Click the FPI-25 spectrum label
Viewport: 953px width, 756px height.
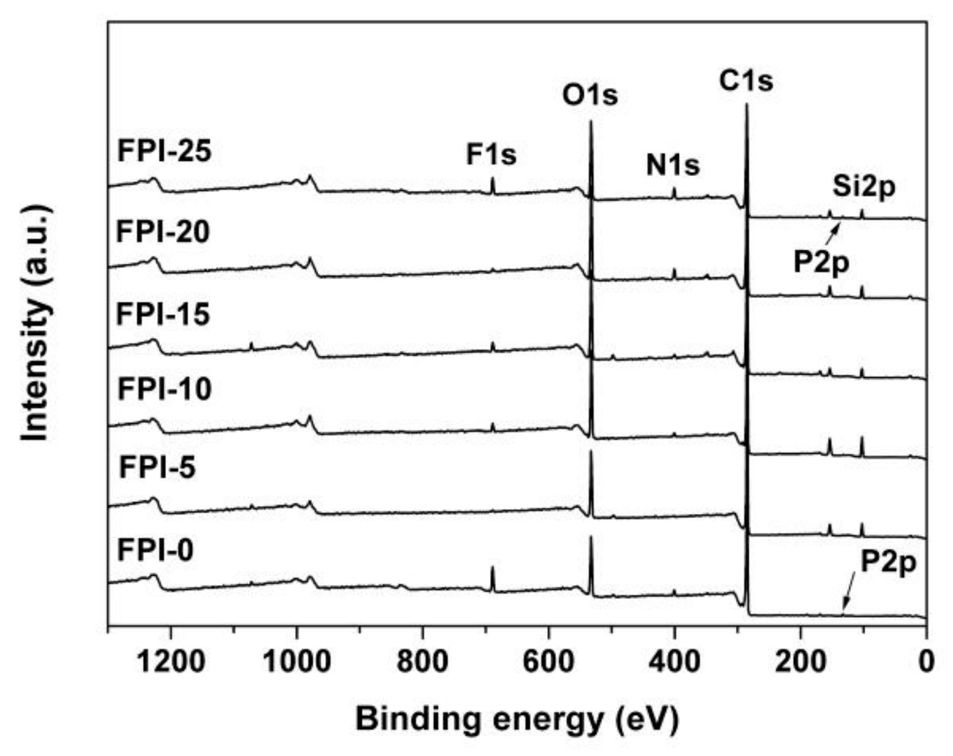click(x=164, y=151)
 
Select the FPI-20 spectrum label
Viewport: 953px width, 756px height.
click(x=163, y=233)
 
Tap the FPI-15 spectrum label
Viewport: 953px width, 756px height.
click(x=163, y=314)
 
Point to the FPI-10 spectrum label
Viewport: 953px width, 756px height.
click(x=164, y=389)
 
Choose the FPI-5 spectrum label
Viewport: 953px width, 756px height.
click(x=157, y=468)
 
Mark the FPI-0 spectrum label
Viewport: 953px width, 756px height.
click(x=155, y=550)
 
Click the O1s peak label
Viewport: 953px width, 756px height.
click(x=590, y=96)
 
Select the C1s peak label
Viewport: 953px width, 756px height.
click(x=746, y=80)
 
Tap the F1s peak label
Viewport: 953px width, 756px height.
click(x=491, y=154)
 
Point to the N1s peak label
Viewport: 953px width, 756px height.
click(x=672, y=165)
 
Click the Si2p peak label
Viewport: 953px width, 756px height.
click(x=864, y=187)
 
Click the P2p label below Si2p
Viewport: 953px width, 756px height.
click(x=821, y=262)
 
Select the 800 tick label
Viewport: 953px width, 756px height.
click(x=423, y=661)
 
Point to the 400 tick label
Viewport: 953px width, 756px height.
click(x=674, y=661)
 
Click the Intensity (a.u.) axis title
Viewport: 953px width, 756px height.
click(x=36, y=322)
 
